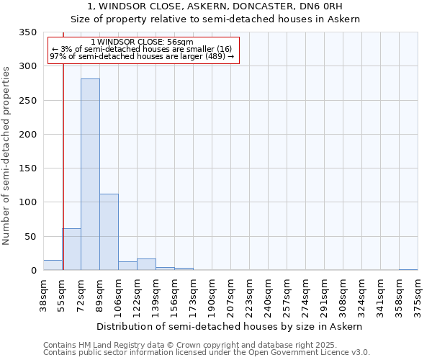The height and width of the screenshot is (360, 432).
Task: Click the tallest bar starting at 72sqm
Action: click(x=90, y=174)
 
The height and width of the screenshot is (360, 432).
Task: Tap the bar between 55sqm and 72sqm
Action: click(x=71, y=249)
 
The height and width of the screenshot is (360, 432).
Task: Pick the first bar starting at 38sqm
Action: click(x=53, y=265)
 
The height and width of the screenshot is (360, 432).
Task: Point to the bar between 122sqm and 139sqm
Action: click(x=146, y=264)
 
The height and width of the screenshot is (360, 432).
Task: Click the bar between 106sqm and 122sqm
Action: click(x=127, y=266)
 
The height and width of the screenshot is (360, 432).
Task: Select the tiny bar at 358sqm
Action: click(x=408, y=269)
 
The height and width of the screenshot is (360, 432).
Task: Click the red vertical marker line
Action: click(x=63, y=158)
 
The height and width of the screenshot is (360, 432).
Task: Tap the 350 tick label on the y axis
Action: click(x=27, y=32)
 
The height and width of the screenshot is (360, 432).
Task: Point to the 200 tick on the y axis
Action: click(x=27, y=135)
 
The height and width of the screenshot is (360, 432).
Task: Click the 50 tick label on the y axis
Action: click(x=30, y=237)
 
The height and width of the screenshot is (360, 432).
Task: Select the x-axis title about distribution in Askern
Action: click(x=230, y=326)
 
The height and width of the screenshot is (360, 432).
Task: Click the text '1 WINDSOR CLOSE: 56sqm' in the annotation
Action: click(x=143, y=42)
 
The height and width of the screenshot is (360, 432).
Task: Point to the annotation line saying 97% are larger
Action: click(x=143, y=57)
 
